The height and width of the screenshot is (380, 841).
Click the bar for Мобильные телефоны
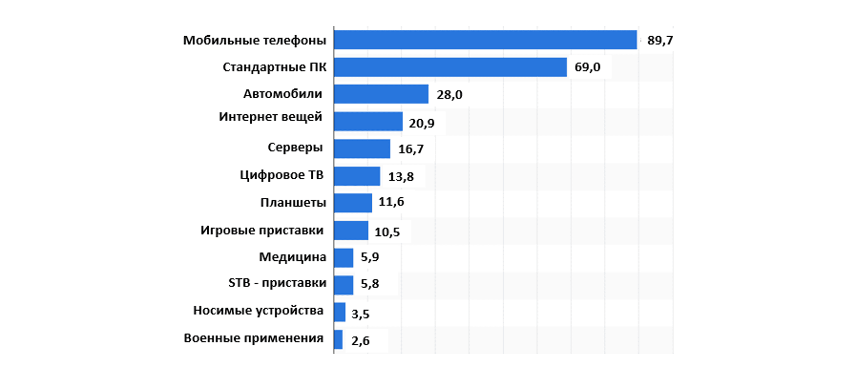485,40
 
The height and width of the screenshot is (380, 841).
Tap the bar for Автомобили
381,94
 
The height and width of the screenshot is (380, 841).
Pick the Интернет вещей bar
368,122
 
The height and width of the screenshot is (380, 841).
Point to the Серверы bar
362,149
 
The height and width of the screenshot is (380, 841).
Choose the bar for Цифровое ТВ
357,176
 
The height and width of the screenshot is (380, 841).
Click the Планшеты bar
353,203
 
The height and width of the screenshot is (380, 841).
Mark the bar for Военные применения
338,339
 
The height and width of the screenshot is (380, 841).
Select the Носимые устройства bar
340,312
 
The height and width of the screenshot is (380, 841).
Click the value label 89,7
660,41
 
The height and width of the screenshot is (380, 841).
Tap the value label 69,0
587,67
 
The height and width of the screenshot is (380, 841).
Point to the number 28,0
449,95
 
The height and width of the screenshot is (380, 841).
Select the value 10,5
387,232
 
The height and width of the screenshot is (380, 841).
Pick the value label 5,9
370,257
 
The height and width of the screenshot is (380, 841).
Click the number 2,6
360,341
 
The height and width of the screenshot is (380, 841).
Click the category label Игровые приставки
262,230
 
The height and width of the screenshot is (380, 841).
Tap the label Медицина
293,257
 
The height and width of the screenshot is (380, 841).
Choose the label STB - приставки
277,283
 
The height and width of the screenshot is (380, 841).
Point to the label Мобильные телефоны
255,41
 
